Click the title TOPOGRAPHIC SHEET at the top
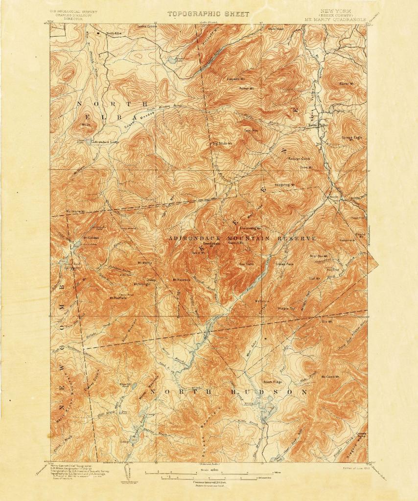click(x=209, y=14)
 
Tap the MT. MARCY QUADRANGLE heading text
click(x=335, y=20)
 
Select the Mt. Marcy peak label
click(x=145, y=263)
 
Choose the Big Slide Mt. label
click(x=221, y=143)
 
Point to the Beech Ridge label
click(x=273, y=382)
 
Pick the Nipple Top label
click(x=287, y=309)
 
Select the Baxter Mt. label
click(x=346, y=84)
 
